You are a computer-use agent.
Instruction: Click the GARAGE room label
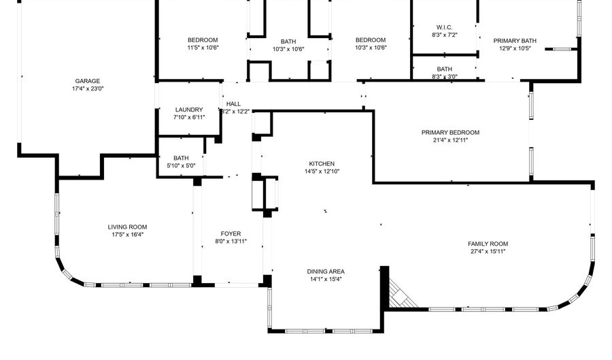pyautogui.click(x=88, y=81)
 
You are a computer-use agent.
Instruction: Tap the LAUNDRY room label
pyautogui.click(x=189, y=110)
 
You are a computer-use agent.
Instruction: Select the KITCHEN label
pyautogui.click(x=322, y=163)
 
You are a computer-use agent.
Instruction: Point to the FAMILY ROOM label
pyautogui.click(x=488, y=244)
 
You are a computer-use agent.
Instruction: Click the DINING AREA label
pyautogui.click(x=326, y=272)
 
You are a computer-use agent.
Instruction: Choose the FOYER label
pyautogui.click(x=231, y=233)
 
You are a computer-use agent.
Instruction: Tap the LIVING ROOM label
pyautogui.click(x=127, y=227)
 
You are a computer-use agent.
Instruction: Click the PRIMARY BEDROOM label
pyautogui.click(x=450, y=133)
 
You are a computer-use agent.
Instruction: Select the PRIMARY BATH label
pyautogui.click(x=515, y=41)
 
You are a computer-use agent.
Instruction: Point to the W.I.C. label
pyautogui.click(x=445, y=27)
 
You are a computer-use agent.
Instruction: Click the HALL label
pyautogui.click(x=233, y=104)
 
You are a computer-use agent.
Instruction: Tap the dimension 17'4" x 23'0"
pyautogui.click(x=88, y=88)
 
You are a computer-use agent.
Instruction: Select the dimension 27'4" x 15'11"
pyautogui.click(x=488, y=251)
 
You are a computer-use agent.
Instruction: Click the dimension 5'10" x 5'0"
pyautogui.click(x=181, y=165)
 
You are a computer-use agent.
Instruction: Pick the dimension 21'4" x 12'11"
pyautogui.click(x=450, y=140)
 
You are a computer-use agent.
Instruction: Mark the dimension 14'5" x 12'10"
pyautogui.click(x=322, y=171)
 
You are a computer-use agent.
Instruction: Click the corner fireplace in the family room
pyautogui.click(x=401, y=293)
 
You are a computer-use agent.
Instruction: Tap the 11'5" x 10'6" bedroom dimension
pyautogui.click(x=203, y=48)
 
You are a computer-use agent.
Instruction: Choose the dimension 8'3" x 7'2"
pyautogui.click(x=445, y=35)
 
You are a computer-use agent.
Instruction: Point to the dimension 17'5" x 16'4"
pyautogui.click(x=128, y=235)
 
